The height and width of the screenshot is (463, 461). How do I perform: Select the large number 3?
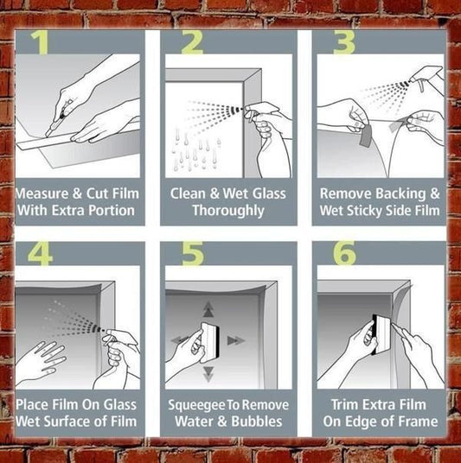point(344,43)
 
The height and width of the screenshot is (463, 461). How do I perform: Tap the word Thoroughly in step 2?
point(227,210)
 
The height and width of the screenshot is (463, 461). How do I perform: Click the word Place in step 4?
point(35,404)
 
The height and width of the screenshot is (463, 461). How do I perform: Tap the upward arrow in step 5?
point(208,309)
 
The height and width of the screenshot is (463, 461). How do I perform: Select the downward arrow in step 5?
point(208,372)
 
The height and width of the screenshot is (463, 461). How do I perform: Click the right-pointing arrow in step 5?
point(235,340)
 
